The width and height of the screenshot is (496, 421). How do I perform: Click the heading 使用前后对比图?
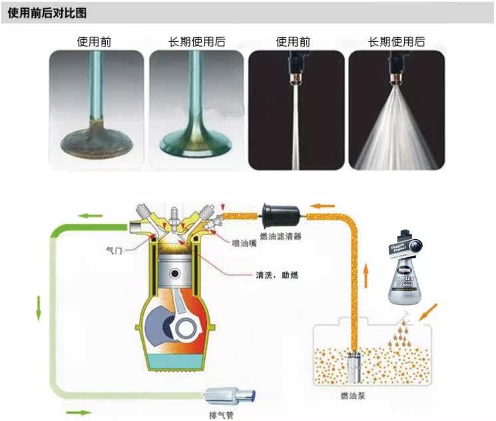point(47,13)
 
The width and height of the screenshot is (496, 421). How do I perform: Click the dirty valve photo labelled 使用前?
point(97,110)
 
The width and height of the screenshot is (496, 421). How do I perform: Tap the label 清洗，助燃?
point(276,274)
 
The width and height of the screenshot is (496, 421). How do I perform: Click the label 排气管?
point(221,414)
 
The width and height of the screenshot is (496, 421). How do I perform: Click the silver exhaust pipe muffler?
point(229,396)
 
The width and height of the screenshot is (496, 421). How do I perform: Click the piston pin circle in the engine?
point(178,273)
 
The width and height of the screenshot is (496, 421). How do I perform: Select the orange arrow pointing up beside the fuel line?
point(366,275)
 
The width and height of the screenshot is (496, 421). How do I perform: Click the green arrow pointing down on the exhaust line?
point(39,305)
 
